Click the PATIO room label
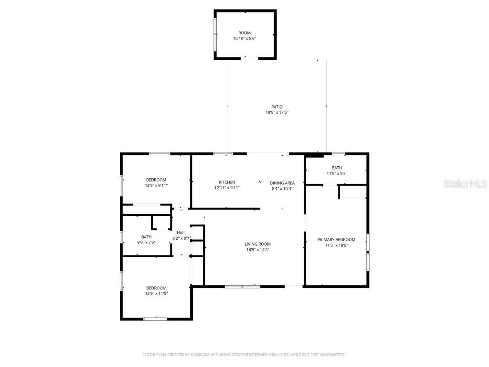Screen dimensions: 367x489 click(x=277, y=107)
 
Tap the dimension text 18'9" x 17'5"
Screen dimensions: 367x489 click(x=277, y=112)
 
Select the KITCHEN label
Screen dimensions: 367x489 click(x=227, y=182)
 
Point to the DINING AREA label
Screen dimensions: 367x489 click(x=282, y=183)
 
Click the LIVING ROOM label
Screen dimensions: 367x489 click(x=258, y=244)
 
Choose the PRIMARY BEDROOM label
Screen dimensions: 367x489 click(x=337, y=239)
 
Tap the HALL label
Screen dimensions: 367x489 click(x=181, y=233)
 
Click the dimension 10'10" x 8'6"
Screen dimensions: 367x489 click(x=244, y=39)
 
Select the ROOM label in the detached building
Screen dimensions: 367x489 click(x=244, y=33)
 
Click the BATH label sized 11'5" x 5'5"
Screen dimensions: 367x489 click(x=337, y=168)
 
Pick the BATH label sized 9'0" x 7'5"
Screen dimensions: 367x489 click(x=146, y=237)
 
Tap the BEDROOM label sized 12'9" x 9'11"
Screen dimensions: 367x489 click(x=156, y=180)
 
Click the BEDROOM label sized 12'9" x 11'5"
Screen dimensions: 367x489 click(x=156, y=288)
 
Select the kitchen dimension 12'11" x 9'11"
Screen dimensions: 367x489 click(x=227, y=188)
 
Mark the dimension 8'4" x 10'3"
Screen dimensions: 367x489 click(x=282, y=188)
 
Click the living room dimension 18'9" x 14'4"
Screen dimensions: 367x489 click(x=258, y=249)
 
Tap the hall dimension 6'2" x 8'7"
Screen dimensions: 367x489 click(x=181, y=238)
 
